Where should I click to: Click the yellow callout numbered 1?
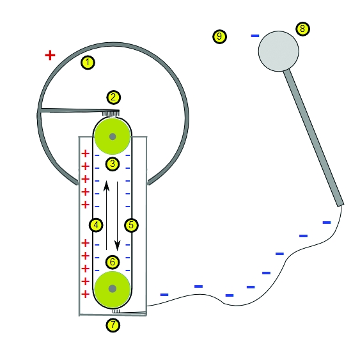coord(88,62)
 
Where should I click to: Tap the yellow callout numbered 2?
coord(113,97)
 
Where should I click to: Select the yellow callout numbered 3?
coord(113,164)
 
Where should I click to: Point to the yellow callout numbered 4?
coord(96,225)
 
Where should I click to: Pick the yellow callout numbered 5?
coord(131,225)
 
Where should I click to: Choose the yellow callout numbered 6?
coord(113,262)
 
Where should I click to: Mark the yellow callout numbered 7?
coord(113,325)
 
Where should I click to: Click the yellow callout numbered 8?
coord(303,29)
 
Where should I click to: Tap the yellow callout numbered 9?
coord(220,36)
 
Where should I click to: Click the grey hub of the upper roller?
coord(113,137)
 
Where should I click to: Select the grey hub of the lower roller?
coord(113,288)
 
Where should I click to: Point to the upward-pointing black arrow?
coord(106,215)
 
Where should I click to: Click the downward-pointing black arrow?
coord(118,216)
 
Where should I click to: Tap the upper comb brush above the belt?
coord(111,113)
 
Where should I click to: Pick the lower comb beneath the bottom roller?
coord(116,311)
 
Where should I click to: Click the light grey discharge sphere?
coord(279,51)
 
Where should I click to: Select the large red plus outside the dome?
coord(50,56)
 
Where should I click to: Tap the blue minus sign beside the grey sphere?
coord(255,36)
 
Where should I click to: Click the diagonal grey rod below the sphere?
coord(313,138)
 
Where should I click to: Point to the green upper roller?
coord(113,137)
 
